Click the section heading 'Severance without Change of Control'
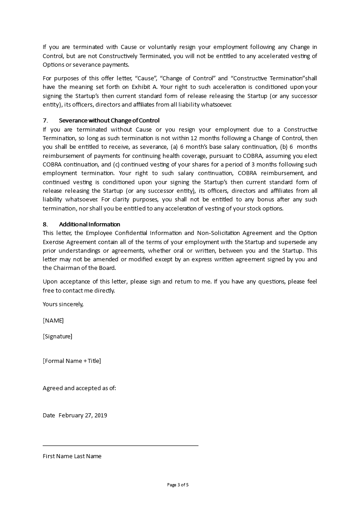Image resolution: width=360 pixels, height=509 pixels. click(x=109, y=121)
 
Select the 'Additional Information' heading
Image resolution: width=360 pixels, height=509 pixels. click(x=89, y=224)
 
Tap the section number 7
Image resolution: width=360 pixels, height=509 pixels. click(x=45, y=121)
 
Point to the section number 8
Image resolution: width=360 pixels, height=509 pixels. click(x=45, y=224)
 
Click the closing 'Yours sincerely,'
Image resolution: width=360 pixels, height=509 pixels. click(x=63, y=304)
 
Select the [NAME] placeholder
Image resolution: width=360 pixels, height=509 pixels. click(x=53, y=320)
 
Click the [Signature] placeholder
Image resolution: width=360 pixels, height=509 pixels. click(x=57, y=336)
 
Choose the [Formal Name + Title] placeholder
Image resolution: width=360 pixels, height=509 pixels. click(x=72, y=361)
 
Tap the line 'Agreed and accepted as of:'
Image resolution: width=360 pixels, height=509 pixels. click(x=79, y=388)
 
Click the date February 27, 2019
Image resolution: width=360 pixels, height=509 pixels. click(x=83, y=415)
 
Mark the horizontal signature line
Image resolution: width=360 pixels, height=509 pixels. click(x=120, y=445)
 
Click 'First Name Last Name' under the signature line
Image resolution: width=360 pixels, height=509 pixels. click(x=72, y=456)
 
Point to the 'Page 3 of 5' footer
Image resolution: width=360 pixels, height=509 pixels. click(x=178, y=485)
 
